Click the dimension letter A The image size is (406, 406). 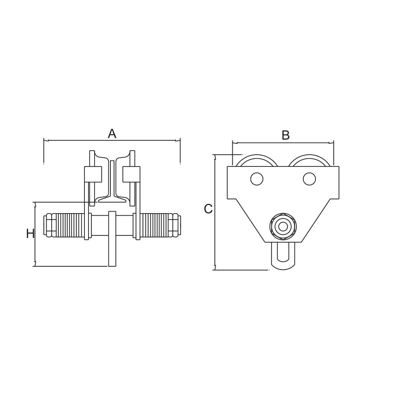tap(112, 134)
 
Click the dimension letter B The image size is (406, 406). tap(285, 135)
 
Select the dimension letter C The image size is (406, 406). tap(208, 209)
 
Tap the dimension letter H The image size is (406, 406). tap(30, 234)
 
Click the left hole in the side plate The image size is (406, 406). tap(257, 179)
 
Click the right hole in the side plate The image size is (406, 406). tap(309, 179)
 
